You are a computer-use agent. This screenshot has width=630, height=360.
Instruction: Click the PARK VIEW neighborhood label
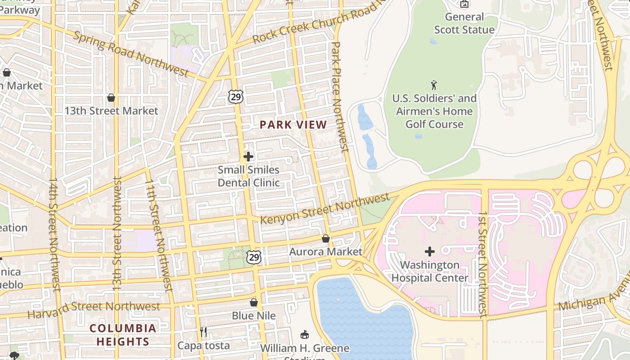click(293, 125)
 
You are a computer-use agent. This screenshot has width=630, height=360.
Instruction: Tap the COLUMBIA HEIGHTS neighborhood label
click(123, 335)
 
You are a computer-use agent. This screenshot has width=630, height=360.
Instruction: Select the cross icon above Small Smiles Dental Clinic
click(248, 157)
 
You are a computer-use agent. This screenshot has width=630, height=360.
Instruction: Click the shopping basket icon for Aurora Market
click(325, 238)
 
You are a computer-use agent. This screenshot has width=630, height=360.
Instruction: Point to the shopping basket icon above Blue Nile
click(254, 302)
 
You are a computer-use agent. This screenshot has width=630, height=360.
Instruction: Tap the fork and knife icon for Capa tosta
click(203, 332)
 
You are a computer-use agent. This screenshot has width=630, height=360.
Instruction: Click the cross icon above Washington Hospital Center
click(430, 252)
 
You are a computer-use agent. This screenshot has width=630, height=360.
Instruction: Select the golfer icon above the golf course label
click(434, 85)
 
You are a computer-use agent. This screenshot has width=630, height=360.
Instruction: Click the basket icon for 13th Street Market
click(111, 98)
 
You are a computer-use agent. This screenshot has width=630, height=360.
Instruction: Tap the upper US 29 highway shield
click(235, 96)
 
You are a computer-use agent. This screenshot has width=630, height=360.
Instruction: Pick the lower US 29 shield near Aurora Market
click(254, 257)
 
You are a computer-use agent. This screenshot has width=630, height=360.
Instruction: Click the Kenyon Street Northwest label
click(325, 209)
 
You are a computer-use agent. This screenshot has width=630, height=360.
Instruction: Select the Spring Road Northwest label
click(130, 54)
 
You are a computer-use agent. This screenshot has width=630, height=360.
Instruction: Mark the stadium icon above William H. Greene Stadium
click(305, 334)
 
